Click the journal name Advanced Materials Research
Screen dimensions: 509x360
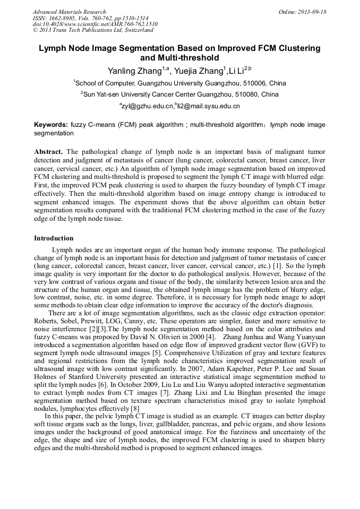coord(69,12)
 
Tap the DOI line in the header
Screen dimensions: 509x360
coord(95,24)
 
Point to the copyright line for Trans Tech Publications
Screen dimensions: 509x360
coord(93,31)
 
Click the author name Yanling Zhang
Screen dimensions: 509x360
coord(134,71)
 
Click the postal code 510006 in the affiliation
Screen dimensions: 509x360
coord(253,83)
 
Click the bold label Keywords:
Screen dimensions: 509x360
coord(51,125)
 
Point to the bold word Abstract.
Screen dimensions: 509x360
coord(49,152)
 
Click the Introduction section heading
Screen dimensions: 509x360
coord(54,238)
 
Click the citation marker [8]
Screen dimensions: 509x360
coord(135,408)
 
